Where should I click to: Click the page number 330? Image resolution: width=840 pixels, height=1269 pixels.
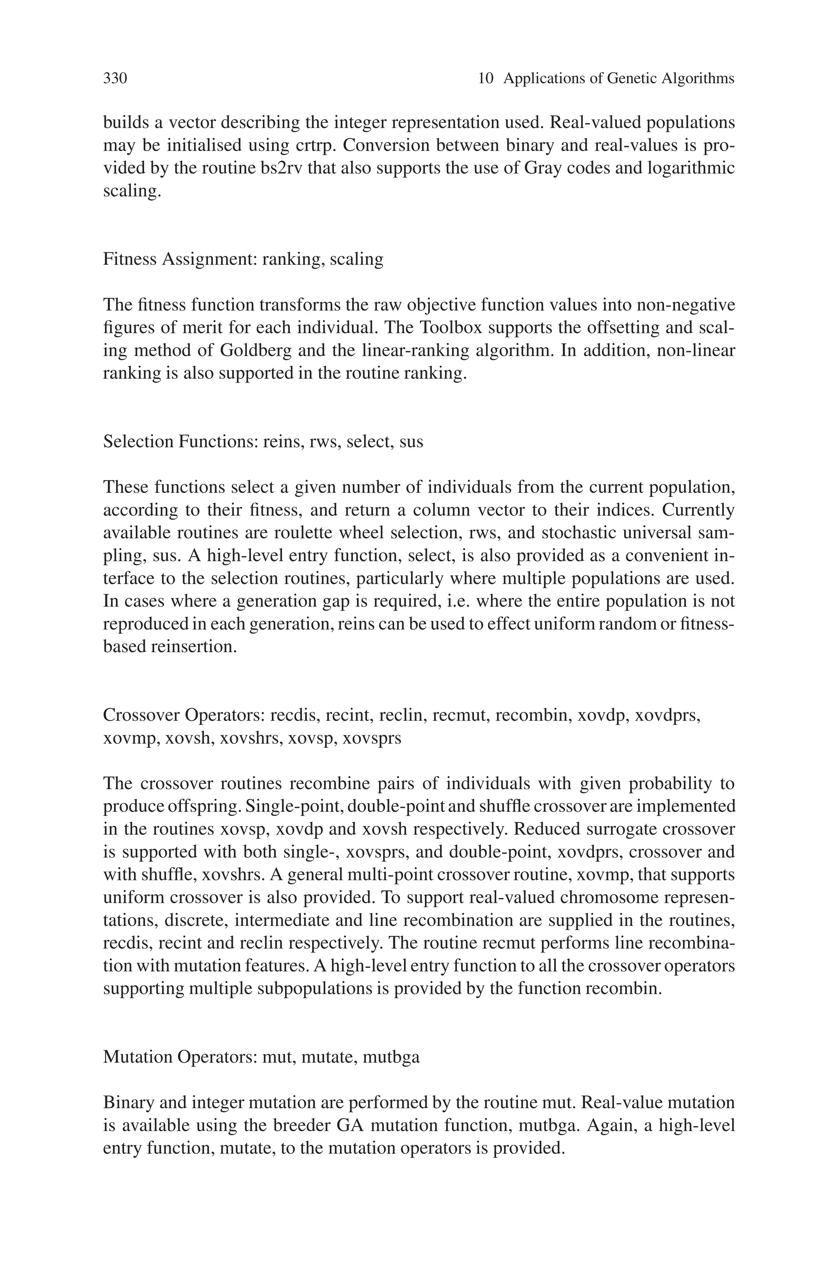point(115,79)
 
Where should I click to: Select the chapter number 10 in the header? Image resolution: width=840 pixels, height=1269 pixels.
point(485,79)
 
